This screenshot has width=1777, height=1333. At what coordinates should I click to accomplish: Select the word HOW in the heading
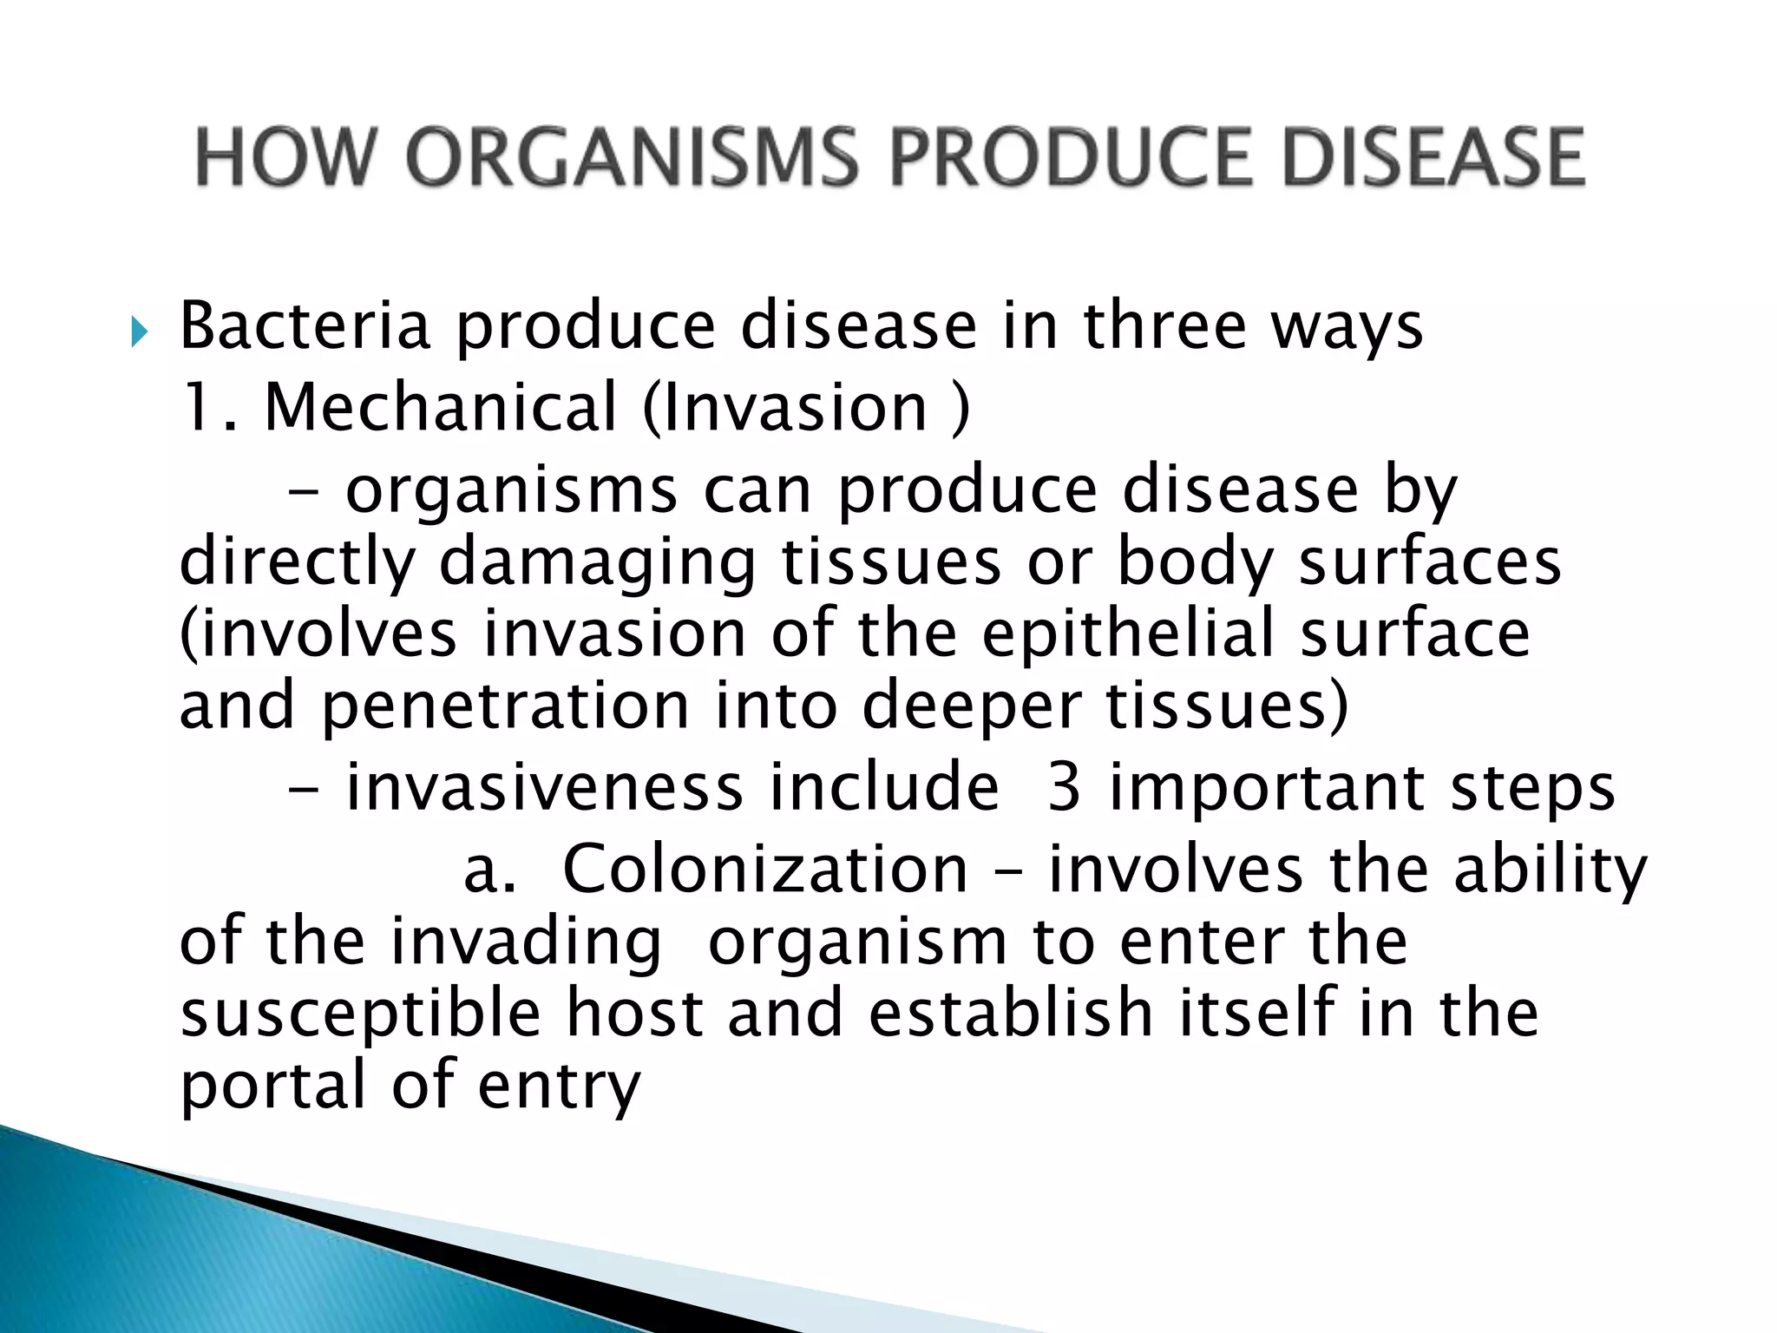click(x=283, y=158)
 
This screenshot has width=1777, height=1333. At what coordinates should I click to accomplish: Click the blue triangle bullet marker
click(x=140, y=331)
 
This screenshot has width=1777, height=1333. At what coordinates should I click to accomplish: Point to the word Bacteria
click(x=305, y=326)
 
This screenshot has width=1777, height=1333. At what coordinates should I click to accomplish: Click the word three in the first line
click(x=1163, y=326)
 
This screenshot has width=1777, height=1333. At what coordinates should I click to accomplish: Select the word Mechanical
click(x=440, y=407)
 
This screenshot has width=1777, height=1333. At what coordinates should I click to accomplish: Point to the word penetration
click(x=506, y=706)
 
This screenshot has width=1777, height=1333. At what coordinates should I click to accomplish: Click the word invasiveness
click(x=544, y=788)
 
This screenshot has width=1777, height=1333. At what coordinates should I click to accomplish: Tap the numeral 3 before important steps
click(x=1064, y=788)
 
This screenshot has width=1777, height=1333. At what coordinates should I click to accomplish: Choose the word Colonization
click(x=764, y=870)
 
